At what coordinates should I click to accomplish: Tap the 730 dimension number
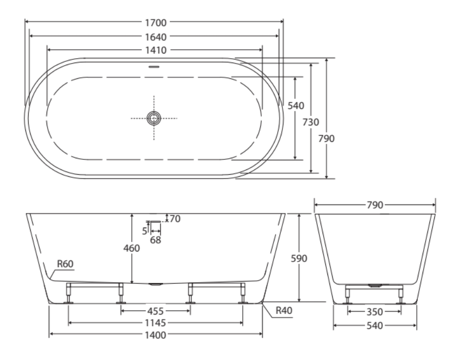311,122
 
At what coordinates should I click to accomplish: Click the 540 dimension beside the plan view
296,106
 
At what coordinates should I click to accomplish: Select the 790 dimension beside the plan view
327,139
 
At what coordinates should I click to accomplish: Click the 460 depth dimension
132,248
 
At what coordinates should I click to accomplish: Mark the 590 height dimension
299,258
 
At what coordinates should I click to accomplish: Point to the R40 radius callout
283,311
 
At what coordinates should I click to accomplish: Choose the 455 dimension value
154,311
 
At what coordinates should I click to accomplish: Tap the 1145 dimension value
154,322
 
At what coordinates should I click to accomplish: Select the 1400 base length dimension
154,335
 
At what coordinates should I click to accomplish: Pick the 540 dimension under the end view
374,326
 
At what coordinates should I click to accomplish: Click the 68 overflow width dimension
155,240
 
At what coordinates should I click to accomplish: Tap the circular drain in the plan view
154,118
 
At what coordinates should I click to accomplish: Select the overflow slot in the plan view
154,67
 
